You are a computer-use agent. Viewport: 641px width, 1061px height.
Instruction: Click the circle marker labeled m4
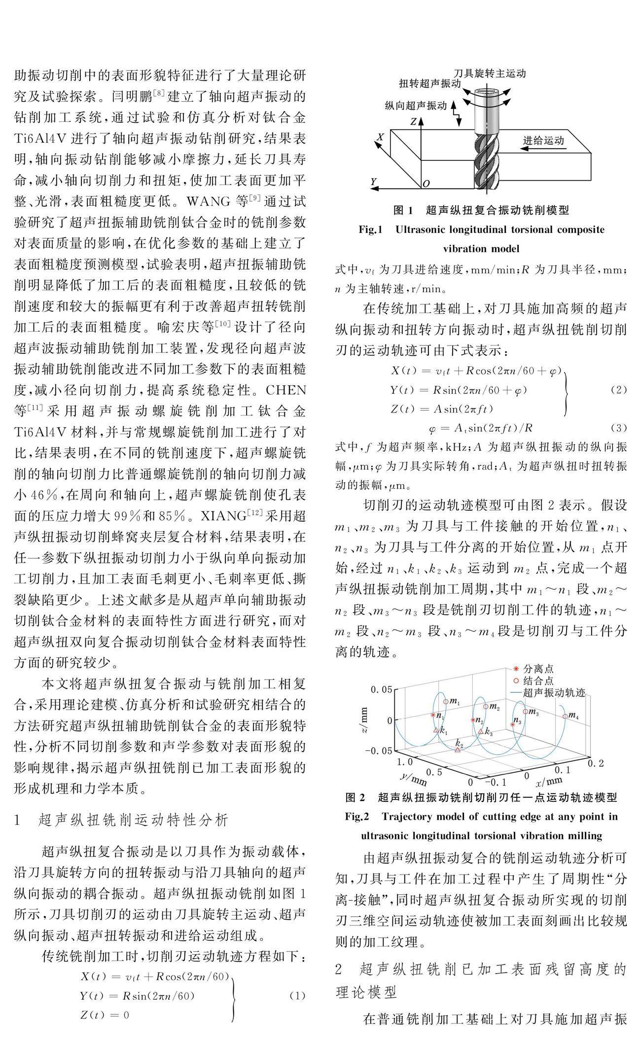pos(565,716)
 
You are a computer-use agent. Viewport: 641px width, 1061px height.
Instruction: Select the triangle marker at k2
pos(458,750)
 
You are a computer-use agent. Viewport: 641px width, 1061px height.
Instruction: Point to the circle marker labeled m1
pos(446,701)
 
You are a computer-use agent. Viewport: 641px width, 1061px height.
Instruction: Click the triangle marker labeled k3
pos(481,731)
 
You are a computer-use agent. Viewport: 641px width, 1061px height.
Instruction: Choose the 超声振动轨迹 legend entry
pos(553,692)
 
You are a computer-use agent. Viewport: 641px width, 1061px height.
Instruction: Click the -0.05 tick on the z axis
pos(378,751)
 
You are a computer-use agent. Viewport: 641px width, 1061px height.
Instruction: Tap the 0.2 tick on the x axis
pos(596,763)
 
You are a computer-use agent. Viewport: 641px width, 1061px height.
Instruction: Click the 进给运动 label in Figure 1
pos(543,141)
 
